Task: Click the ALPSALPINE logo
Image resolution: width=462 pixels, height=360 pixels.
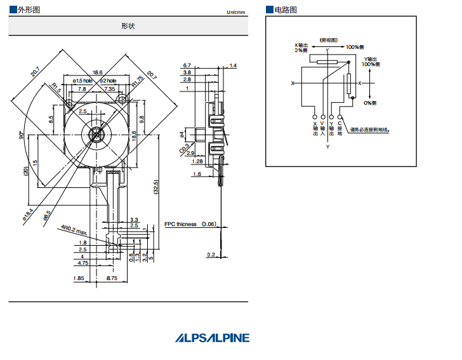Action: pos(213,338)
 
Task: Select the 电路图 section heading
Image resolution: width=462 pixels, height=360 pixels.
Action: pos(285,10)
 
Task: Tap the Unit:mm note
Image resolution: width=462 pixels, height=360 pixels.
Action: pos(235,12)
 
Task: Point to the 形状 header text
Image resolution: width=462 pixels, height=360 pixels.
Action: pos(128,26)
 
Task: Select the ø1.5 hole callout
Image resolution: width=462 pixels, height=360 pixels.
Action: pos(82,81)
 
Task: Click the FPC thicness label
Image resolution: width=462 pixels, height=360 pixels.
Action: pos(181,224)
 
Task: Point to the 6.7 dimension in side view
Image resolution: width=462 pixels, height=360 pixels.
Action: pos(187,65)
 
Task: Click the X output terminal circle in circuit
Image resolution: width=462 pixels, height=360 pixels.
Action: pos(315,117)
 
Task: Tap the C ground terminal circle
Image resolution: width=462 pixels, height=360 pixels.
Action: pos(340,117)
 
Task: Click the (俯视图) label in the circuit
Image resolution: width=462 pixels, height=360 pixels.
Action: pos(329,39)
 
